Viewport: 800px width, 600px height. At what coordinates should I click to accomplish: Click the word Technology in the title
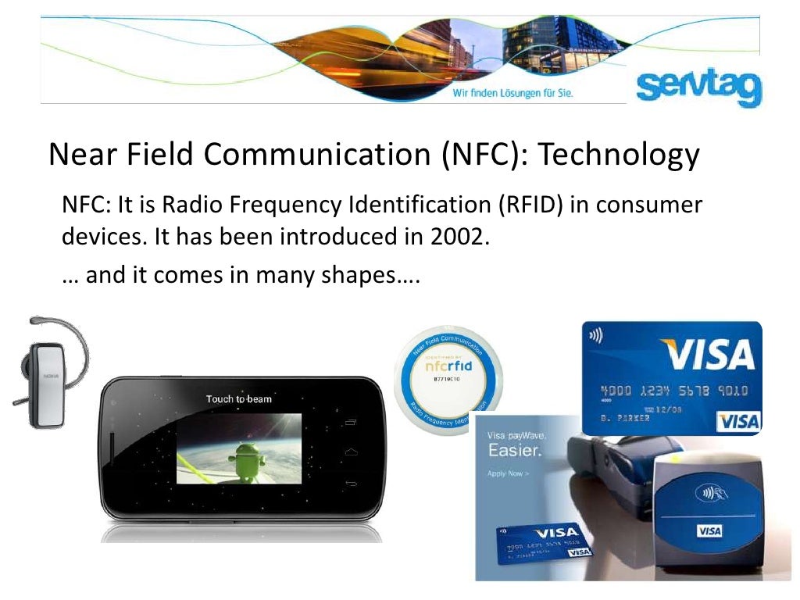point(619,155)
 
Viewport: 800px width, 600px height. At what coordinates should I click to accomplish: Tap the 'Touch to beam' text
point(238,399)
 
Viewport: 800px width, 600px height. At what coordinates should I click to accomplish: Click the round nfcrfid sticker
point(449,380)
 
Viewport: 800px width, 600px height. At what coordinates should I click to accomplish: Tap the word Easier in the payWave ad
point(514,451)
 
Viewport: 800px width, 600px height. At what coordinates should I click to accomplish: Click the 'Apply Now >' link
point(508,473)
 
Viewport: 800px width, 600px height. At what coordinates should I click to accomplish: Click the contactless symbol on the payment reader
point(709,495)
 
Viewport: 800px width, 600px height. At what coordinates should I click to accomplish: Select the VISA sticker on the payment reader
point(709,531)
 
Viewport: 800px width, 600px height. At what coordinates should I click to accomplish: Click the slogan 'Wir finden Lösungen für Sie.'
point(513,93)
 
